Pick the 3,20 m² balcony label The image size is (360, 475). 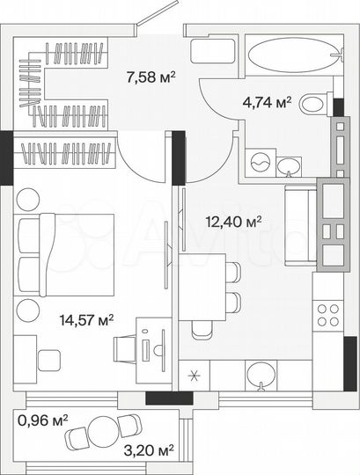coord(152,450)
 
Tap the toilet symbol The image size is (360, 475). coord(312,105)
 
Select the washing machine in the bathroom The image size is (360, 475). coord(261,164)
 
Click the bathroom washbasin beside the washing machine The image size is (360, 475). coord(290,164)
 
